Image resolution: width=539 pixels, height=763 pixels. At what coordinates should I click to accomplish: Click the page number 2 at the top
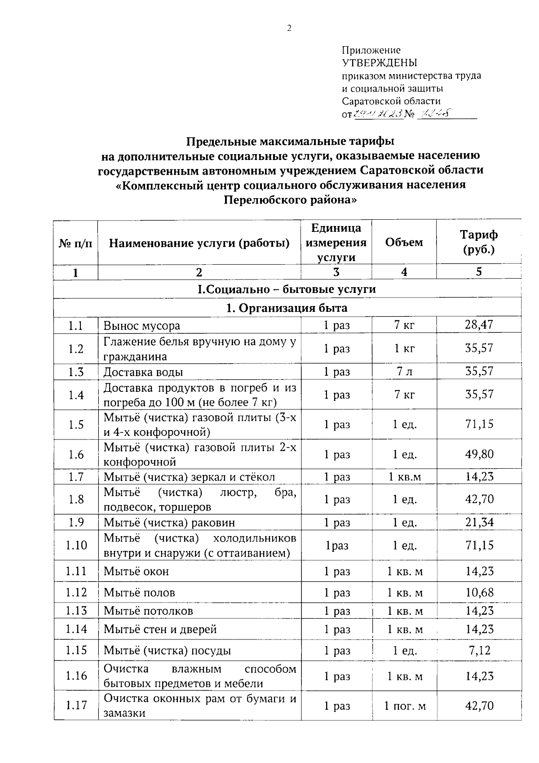(x=289, y=28)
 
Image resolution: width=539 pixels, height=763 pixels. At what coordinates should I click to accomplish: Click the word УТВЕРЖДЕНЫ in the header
(x=380, y=63)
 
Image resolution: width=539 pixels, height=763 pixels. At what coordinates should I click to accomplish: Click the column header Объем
(x=404, y=242)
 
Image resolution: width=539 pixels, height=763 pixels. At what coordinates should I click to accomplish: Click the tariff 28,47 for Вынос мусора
(x=479, y=325)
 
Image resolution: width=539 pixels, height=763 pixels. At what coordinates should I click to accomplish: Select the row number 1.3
(x=76, y=372)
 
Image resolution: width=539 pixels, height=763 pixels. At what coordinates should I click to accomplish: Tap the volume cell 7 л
(x=404, y=372)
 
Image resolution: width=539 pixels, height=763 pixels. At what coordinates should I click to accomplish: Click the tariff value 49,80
(x=479, y=454)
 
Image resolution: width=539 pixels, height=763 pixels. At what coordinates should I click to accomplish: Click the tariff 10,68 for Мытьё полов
(x=479, y=592)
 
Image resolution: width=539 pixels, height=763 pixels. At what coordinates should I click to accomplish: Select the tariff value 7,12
(x=479, y=650)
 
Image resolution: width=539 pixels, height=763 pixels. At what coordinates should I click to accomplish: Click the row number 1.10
(x=76, y=545)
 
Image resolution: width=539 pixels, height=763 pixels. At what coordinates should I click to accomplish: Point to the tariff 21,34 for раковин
(x=479, y=522)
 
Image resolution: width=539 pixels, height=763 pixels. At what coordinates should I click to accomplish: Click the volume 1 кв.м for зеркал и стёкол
(x=404, y=477)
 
